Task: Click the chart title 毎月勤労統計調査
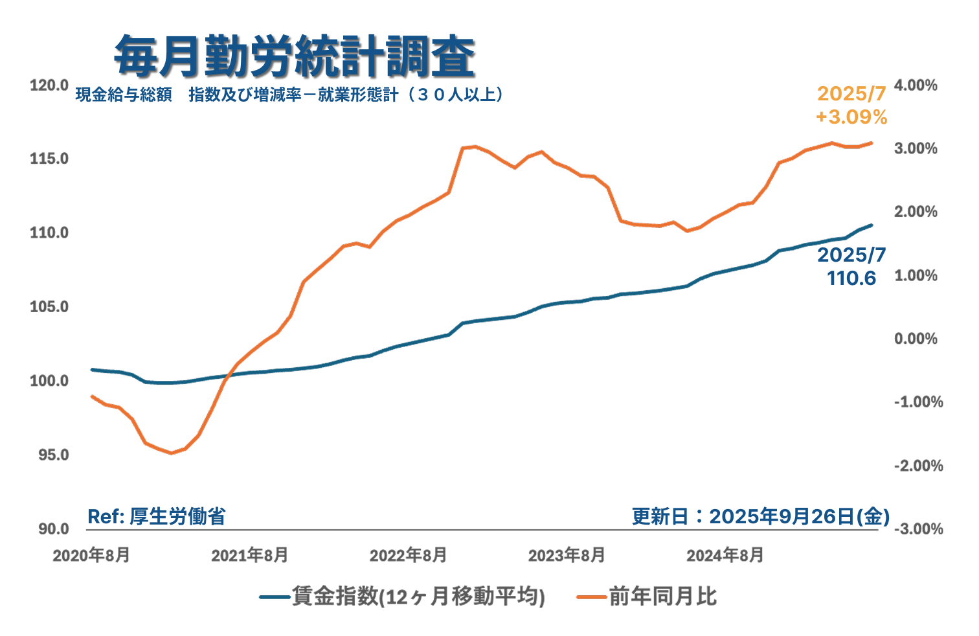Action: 295,56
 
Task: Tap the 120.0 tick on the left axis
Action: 49,85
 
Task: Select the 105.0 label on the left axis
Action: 49,306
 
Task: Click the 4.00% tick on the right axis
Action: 916,85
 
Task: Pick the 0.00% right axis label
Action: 916,338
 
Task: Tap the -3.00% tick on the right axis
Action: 918,528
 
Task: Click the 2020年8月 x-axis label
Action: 91,555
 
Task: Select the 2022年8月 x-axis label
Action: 408,555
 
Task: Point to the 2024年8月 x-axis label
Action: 725,555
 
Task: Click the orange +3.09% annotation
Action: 851,117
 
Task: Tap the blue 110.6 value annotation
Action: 851,278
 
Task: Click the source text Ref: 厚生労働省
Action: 157,516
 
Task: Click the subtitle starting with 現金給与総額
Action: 289,95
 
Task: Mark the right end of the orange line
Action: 872,143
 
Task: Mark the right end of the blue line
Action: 872,225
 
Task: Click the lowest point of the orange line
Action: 172,453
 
